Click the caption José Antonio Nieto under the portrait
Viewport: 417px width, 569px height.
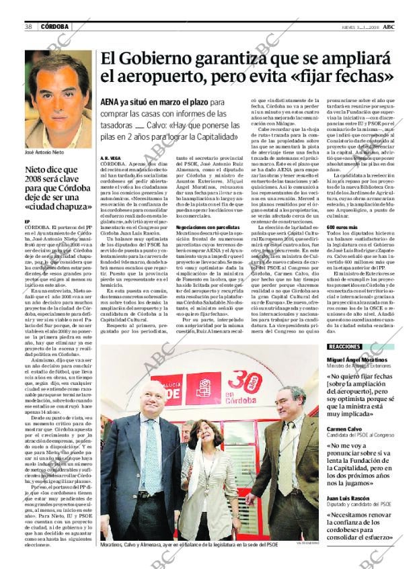pyautogui.click(x=44, y=152)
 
